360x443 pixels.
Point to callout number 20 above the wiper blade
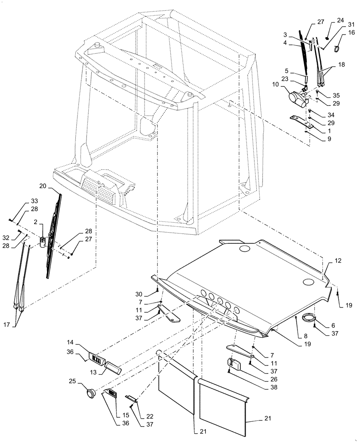[55, 185]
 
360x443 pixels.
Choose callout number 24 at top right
[340, 20]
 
